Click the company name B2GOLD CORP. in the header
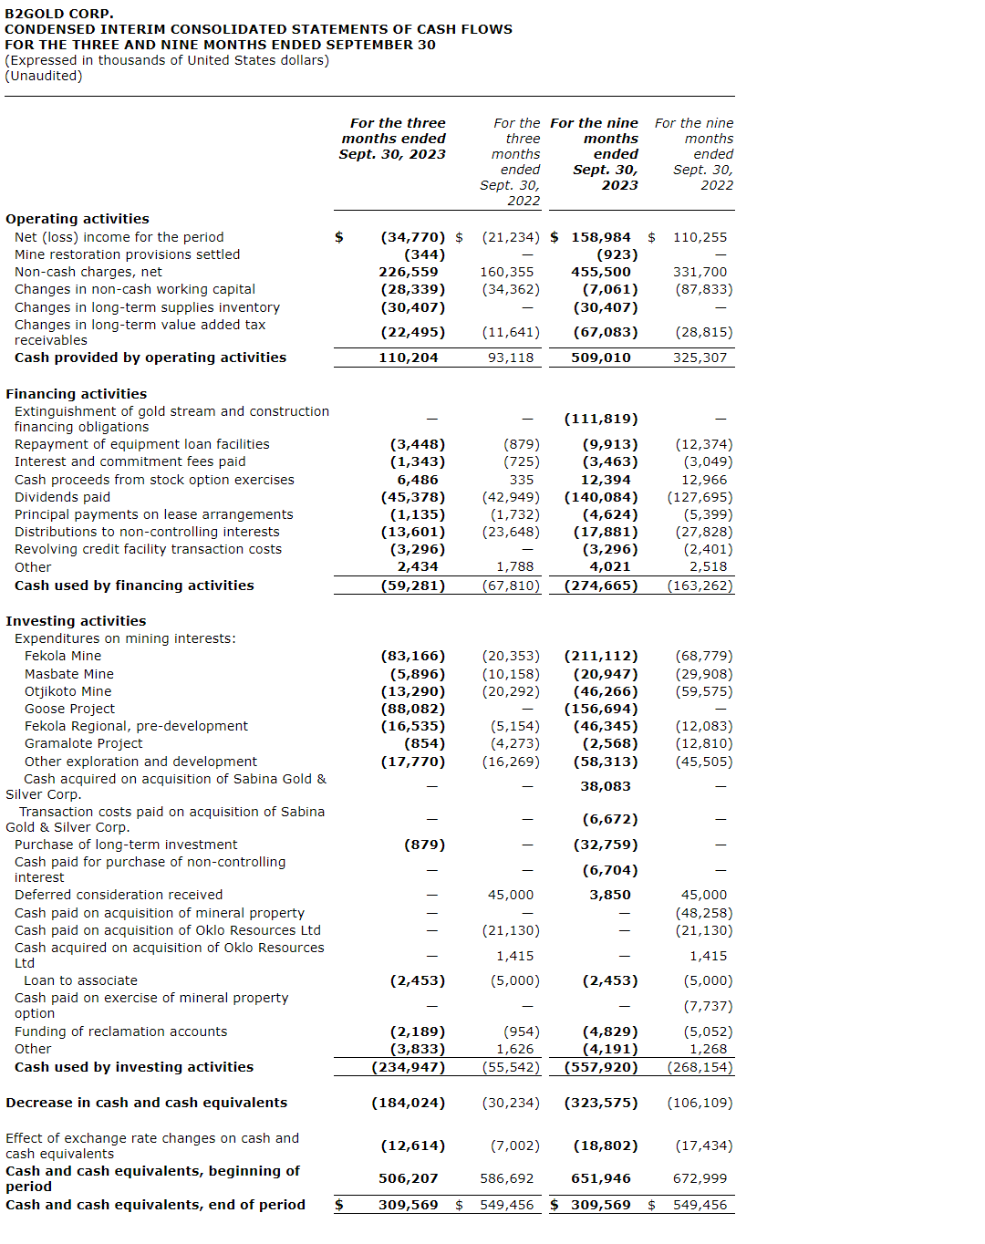click(x=59, y=14)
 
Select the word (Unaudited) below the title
click(x=44, y=76)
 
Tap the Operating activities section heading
click(x=78, y=219)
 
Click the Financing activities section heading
click(x=77, y=394)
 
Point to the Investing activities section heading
click(x=76, y=621)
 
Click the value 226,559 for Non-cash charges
click(x=408, y=272)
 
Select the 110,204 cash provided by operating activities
click(x=408, y=358)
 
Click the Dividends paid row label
click(x=62, y=497)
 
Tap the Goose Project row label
click(x=69, y=709)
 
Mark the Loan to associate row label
click(x=80, y=980)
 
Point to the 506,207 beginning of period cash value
click(x=408, y=1178)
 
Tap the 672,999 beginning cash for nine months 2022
click(x=700, y=1178)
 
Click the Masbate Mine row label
click(x=69, y=674)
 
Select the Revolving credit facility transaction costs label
click(x=148, y=549)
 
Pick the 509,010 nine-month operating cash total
click(x=600, y=358)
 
